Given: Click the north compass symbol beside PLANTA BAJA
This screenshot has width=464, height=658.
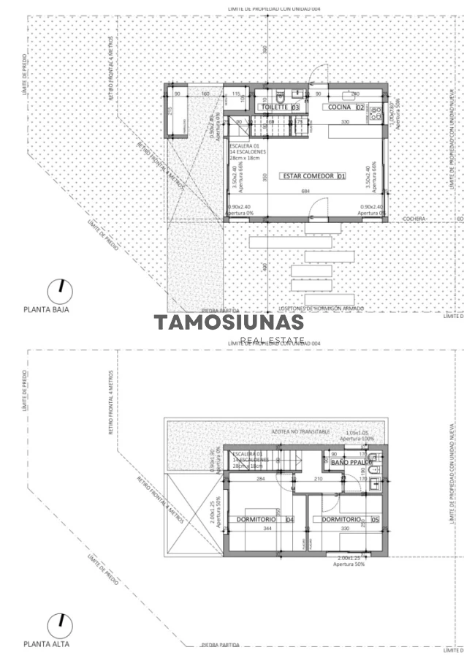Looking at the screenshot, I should click(60, 292).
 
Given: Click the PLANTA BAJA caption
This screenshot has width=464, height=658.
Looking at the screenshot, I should click(47, 309).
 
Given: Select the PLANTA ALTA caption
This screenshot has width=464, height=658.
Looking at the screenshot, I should click(47, 644).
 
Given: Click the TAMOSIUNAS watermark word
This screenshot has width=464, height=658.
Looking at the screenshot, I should click(228, 322).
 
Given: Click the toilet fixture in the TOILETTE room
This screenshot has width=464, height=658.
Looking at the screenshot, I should click(280, 97).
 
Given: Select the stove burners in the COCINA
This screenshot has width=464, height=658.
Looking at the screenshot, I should click(376, 113).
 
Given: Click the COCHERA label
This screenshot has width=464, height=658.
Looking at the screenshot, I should click(416, 219).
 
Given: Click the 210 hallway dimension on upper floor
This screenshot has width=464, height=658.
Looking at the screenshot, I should click(297, 480).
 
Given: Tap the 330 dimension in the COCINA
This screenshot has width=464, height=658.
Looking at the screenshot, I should click(343, 121).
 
